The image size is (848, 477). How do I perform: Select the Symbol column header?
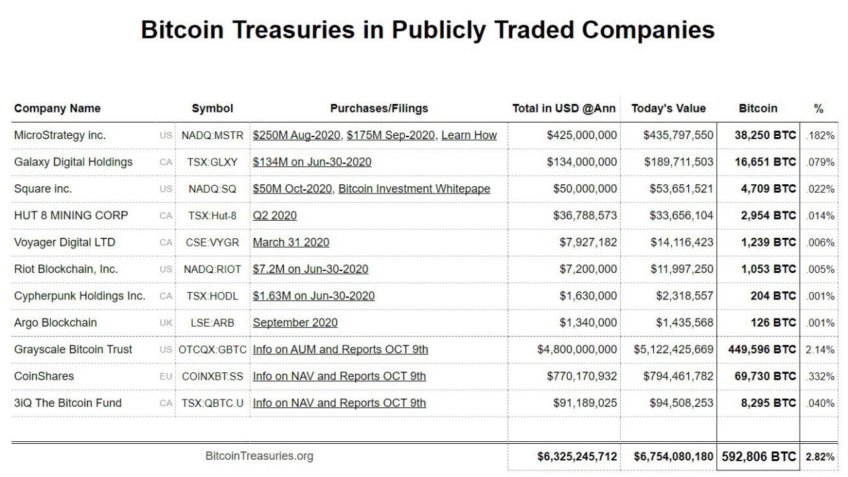[x=213, y=109]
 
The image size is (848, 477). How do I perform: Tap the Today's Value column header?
[x=668, y=109]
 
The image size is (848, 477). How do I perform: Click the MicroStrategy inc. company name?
[x=60, y=135]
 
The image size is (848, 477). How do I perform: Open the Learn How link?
[x=469, y=135]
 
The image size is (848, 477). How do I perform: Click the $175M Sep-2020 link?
[x=391, y=135]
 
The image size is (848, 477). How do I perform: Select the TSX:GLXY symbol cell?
[x=213, y=162]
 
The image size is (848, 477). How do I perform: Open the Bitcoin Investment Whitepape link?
[x=414, y=189]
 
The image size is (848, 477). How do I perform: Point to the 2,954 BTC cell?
[x=765, y=215]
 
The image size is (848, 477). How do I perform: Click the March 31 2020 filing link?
[x=291, y=242]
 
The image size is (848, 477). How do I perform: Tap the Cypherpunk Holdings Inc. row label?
[x=79, y=296]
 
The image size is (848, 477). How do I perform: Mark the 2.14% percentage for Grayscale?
[x=820, y=350]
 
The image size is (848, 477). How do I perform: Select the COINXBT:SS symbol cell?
[x=213, y=376]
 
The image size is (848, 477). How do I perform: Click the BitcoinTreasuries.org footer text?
[x=259, y=456]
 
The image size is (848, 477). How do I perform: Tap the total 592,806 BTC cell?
[x=759, y=456]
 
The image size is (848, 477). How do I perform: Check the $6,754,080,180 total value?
[x=674, y=456]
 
